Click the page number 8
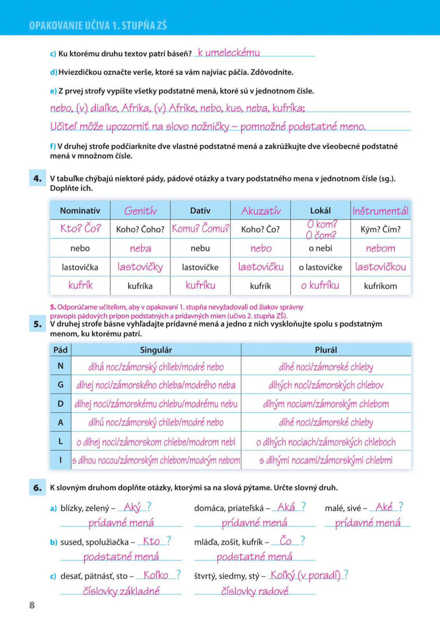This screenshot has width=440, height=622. pyautogui.click(x=32, y=605)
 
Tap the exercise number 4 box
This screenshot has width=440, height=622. pyautogui.click(x=37, y=178)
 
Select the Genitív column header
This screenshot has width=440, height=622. pyautogui.click(x=140, y=211)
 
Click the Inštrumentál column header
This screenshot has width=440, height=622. pyautogui.click(x=380, y=211)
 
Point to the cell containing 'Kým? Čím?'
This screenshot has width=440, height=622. pyautogui.click(x=380, y=229)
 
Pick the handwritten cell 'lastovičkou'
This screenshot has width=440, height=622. pyautogui.click(x=380, y=267)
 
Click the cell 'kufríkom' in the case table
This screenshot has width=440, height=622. pyautogui.click(x=380, y=286)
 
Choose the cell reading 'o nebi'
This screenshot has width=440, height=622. pyautogui.click(x=320, y=248)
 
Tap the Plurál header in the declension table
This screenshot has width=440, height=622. pyautogui.click(x=326, y=350)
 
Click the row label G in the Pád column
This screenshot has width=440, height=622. pyautogui.click(x=60, y=384)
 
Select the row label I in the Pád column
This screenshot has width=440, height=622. pyautogui.click(x=60, y=460)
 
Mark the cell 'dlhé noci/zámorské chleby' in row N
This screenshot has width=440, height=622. pyautogui.click(x=326, y=367)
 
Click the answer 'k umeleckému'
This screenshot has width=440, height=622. pyautogui.click(x=229, y=53)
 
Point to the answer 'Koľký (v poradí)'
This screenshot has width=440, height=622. pyautogui.click(x=305, y=575)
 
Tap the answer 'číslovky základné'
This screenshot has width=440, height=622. pyautogui.click(x=121, y=591)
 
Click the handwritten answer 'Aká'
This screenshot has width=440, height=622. pyautogui.click(x=286, y=507)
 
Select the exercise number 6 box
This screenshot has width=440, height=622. pyautogui.click(x=37, y=487)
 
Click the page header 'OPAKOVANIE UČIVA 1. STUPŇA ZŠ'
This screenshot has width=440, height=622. pyautogui.click(x=98, y=26)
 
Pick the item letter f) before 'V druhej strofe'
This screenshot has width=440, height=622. pyautogui.click(x=53, y=147)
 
